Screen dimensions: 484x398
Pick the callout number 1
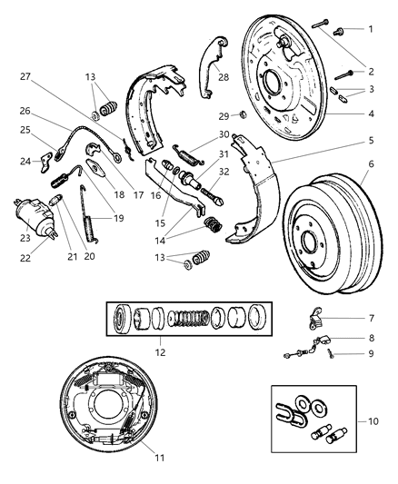370,29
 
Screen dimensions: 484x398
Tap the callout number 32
223,171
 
